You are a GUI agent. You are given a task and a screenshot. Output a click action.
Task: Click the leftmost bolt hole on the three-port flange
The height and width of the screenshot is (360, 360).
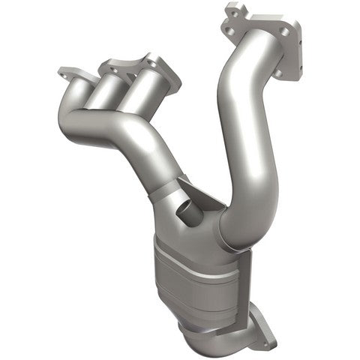(x=64, y=73)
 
